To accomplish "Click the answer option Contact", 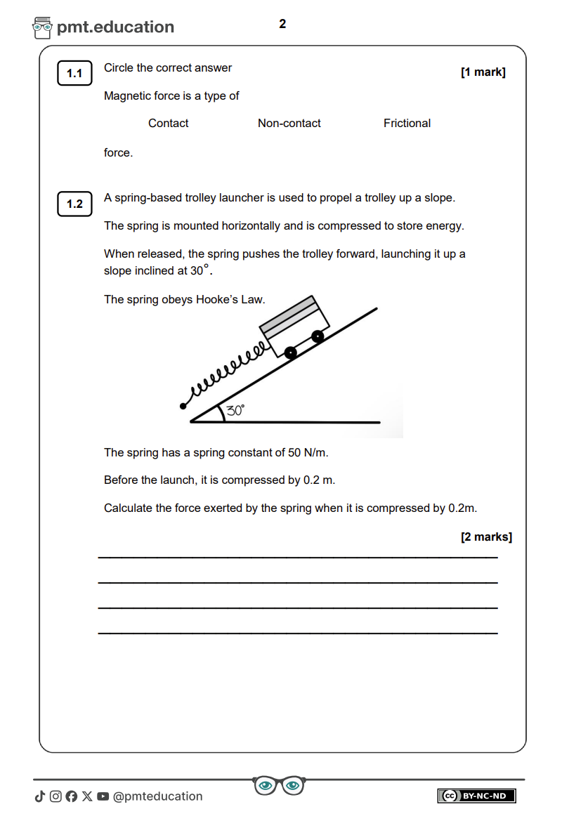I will [x=168, y=124].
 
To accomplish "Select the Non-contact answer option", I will [x=289, y=124].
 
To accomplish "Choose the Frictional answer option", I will [x=407, y=124].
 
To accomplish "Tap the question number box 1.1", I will [x=74, y=74].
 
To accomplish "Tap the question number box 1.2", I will [x=74, y=204].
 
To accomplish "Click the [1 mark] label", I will [x=483, y=72].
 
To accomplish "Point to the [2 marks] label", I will [x=486, y=537].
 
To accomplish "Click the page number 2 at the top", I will [x=282, y=25].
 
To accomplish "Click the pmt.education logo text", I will [x=115, y=27].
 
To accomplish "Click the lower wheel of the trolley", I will [x=291, y=353].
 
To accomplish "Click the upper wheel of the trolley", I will [x=318, y=336].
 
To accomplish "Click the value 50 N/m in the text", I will [x=308, y=453].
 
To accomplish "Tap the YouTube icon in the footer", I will [x=103, y=796].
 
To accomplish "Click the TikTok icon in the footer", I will [x=39, y=796].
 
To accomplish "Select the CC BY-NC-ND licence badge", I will [x=476, y=796].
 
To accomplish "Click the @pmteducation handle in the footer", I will [x=157, y=796].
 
